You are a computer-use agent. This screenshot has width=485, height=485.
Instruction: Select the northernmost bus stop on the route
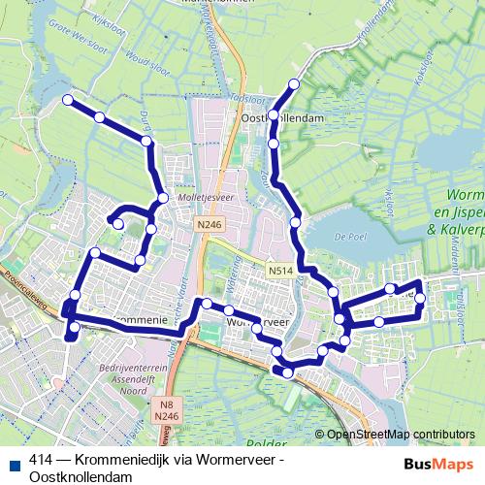coord(295,83)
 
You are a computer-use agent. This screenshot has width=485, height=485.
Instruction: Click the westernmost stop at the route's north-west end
coord(68,100)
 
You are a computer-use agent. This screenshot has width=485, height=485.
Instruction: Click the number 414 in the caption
coord(41,461)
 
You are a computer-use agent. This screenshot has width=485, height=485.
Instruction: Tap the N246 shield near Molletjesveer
coord(202,224)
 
